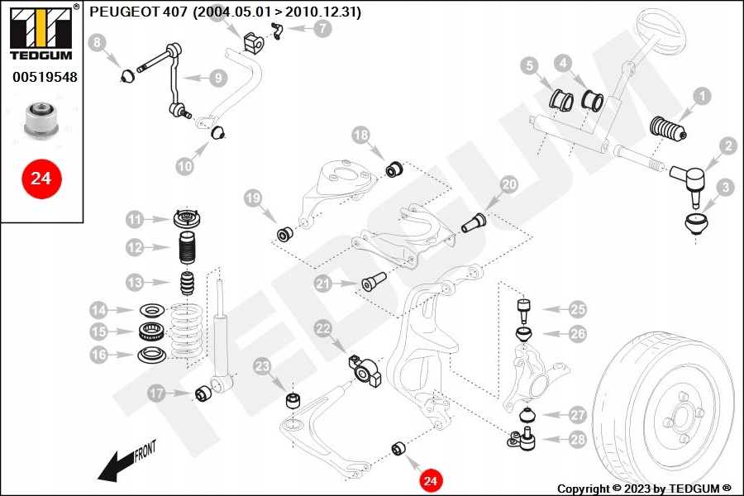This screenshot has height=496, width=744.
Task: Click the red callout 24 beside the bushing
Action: pos(430,479)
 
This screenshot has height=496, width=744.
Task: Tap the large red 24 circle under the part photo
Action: pos(41,177)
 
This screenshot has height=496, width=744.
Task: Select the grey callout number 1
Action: pos(701,97)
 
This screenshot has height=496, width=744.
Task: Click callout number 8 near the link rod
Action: pos(98,42)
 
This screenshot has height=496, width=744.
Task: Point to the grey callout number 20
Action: pos(508,185)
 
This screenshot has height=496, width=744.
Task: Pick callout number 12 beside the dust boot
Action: pos(135,247)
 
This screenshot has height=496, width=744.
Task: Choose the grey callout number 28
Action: pos(577,440)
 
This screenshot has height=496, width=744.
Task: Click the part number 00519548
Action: pos(44,77)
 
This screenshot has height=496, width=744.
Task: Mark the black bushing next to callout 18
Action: pos(394,169)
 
